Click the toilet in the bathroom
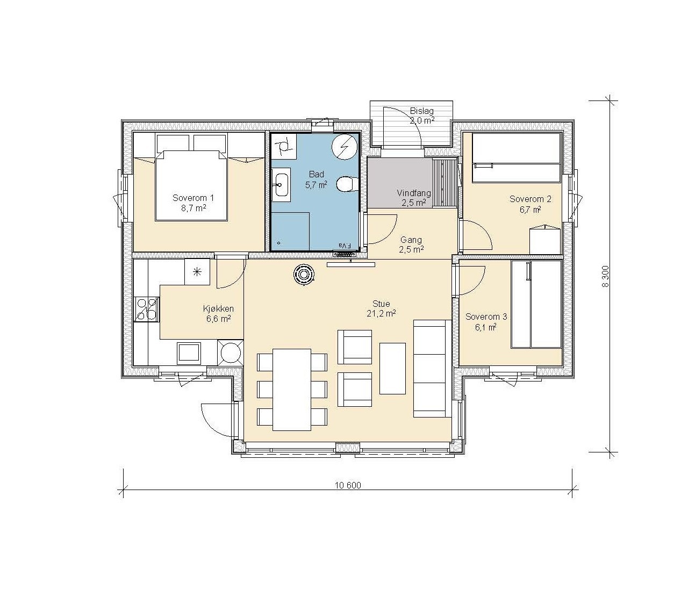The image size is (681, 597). click(x=345, y=184)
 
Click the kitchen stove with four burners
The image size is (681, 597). click(x=147, y=309)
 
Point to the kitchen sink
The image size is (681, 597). click(x=189, y=353)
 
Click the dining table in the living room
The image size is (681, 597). click(x=292, y=390)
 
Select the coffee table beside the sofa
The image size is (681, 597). click(x=392, y=369)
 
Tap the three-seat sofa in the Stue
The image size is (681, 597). click(x=432, y=369)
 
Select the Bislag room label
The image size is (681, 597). click(x=421, y=111)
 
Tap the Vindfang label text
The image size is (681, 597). click(x=414, y=193)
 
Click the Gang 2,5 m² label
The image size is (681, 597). click(x=411, y=244)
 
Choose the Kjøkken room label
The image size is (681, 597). click(x=218, y=308)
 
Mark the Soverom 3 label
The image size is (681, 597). click(x=486, y=317)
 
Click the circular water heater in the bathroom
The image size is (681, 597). click(x=344, y=147)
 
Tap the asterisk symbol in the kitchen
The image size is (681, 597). click(x=197, y=271)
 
